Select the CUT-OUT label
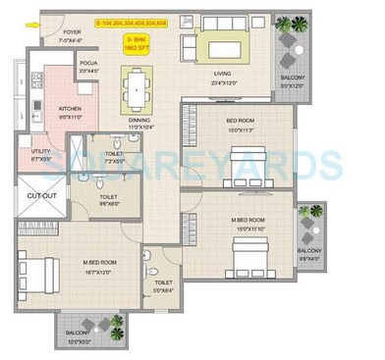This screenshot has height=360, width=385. click(39, 198)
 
